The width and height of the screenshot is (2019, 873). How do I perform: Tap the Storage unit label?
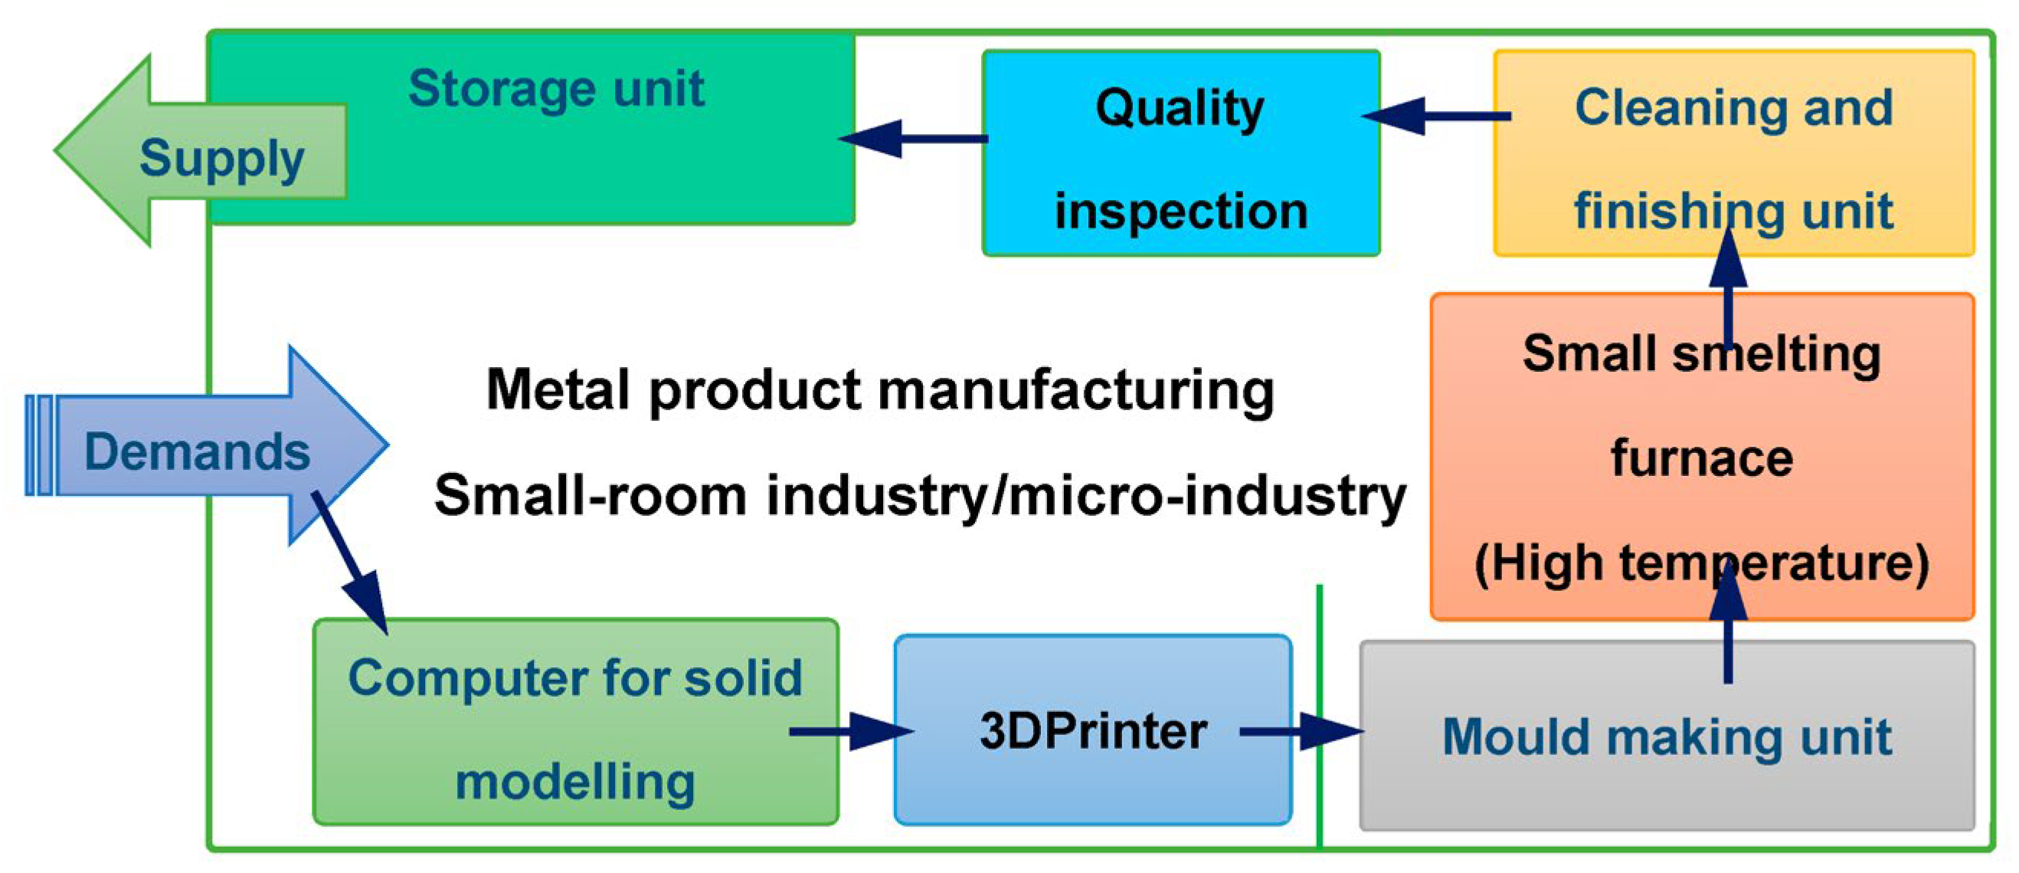click(556, 88)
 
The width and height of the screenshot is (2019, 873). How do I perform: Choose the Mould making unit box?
click(1667, 737)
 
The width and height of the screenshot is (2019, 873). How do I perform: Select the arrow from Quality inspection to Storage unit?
click(913, 139)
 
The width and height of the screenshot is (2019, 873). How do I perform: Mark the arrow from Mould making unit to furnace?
click(1728, 628)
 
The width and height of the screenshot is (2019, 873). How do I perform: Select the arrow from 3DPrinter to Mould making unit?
click(1301, 732)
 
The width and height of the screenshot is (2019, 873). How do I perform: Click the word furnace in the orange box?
click(1702, 458)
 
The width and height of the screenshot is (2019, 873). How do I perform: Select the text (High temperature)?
click(1702, 563)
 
